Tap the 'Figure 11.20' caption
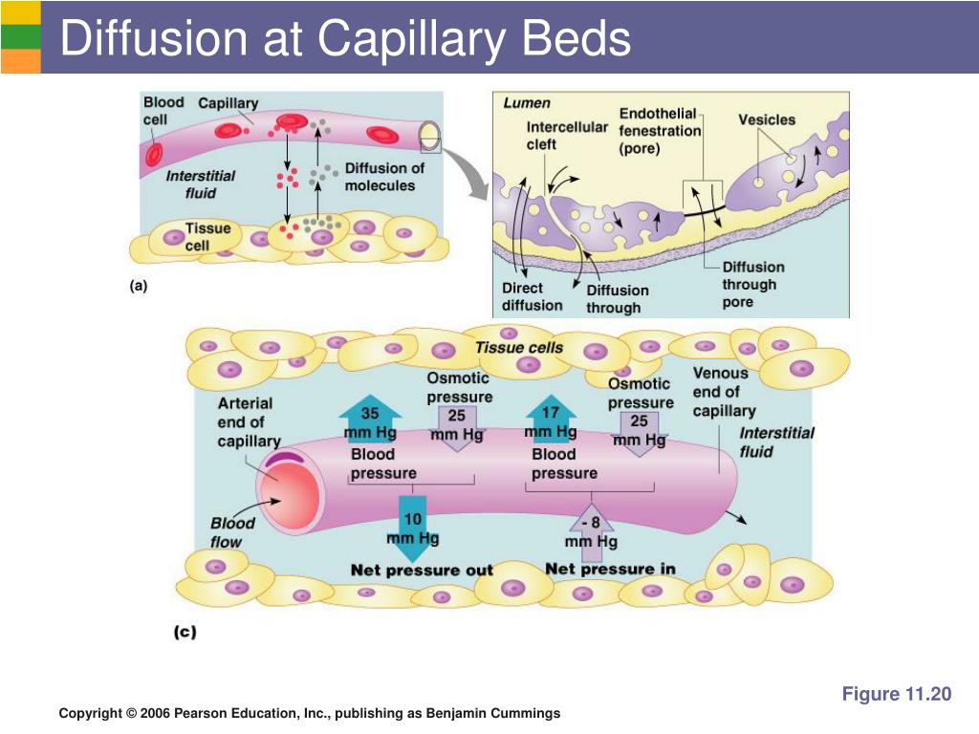(896, 695)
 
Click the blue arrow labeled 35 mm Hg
(370, 420)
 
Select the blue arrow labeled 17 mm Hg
(551, 420)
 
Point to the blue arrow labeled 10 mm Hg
(412, 529)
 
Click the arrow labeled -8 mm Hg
(592, 531)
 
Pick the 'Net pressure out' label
(422, 571)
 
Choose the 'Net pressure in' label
(610, 570)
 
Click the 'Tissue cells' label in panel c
(519, 348)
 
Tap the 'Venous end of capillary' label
(724, 392)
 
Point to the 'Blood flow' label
(231, 532)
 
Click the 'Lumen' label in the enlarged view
(527, 103)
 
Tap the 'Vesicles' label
(766, 119)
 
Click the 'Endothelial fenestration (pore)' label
(660, 131)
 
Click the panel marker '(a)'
(140, 284)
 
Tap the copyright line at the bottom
(309, 714)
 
